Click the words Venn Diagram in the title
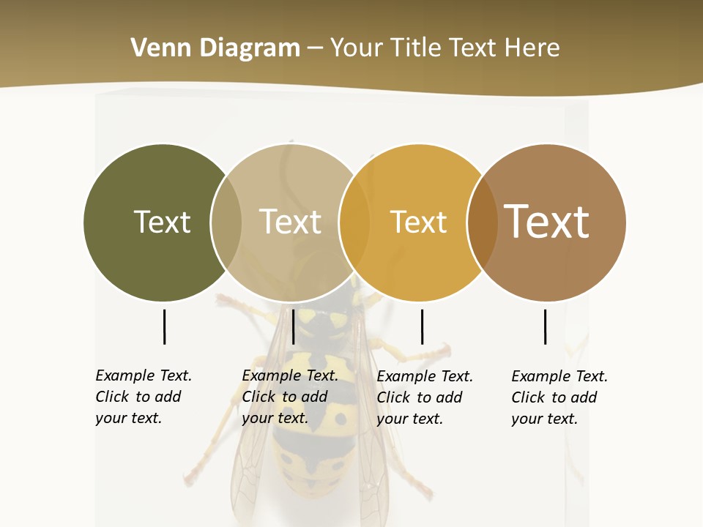(x=215, y=48)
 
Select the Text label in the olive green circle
(x=162, y=222)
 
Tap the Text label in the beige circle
(x=290, y=222)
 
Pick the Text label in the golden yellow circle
(x=418, y=222)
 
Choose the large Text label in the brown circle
(x=547, y=222)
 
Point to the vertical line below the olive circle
(x=164, y=326)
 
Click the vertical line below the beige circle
(x=293, y=326)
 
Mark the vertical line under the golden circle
(x=422, y=326)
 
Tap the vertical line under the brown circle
(x=545, y=326)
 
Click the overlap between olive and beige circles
(x=226, y=223)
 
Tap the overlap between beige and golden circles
(x=354, y=223)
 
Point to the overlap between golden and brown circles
(x=482, y=223)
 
